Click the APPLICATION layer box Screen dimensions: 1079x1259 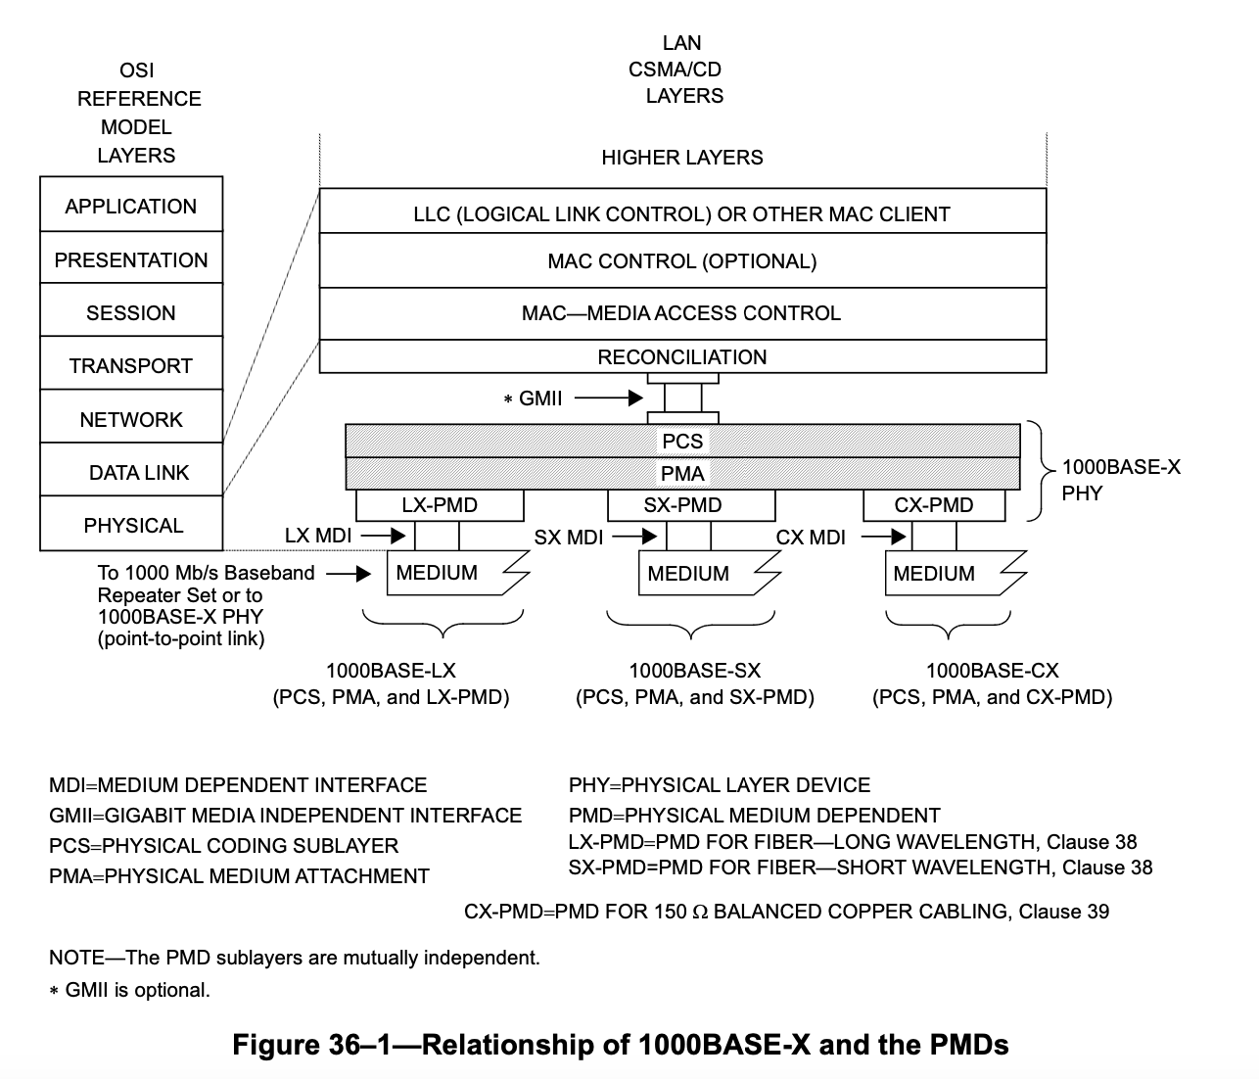click(x=131, y=206)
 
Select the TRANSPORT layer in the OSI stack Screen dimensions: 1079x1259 click(x=131, y=365)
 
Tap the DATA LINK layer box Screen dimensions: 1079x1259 click(x=131, y=472)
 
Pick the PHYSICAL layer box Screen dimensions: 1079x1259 click(x=131, y=525)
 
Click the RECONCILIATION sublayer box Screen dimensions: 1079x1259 click(x=682, y=357)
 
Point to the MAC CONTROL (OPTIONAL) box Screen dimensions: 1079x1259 click(x=682, y=261)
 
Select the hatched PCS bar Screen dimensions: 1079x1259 click(x=682, y=441)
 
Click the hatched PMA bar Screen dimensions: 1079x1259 click(x=682, y=474)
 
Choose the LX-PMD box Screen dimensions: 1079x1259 click(x=440, y=505)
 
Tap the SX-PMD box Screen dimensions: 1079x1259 click(x=691, y=505)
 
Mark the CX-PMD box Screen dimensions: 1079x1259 click(x=934, y=505)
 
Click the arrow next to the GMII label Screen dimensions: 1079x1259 click(x=609, y=399)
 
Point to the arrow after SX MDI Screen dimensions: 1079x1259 click(x=635, y=537)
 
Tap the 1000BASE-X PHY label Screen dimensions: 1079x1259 click(x=1120, y=480)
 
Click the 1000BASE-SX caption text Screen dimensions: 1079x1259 click(x=694, y=671)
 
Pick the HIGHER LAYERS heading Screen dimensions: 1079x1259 click(x=682, y=158)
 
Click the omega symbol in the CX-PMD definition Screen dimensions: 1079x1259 click(x=699, y=913)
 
